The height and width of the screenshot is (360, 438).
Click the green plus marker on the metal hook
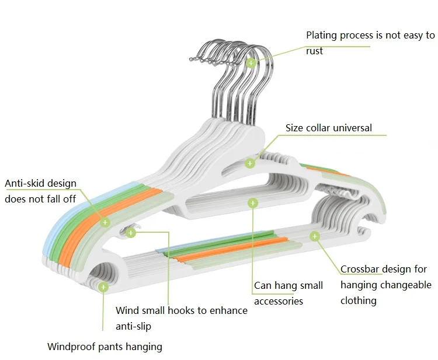(x=251, y=63)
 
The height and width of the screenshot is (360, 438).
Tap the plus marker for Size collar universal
(x=250, y=163)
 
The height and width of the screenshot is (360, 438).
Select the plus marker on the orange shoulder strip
(x=105, y=222)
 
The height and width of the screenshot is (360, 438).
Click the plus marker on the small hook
(x=131, y=232)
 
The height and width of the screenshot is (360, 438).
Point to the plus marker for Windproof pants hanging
(x=103, y=287)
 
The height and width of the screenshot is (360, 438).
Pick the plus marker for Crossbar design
(x=315, y=236)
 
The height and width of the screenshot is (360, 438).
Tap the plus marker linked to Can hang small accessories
(x=252, y=203)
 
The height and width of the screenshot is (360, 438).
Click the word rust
(x=314, y=51)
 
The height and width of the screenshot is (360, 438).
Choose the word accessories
(x=279, y=302)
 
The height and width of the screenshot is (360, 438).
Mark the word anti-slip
(x=134, y=326)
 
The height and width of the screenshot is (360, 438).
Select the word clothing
(x=359, y=300)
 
